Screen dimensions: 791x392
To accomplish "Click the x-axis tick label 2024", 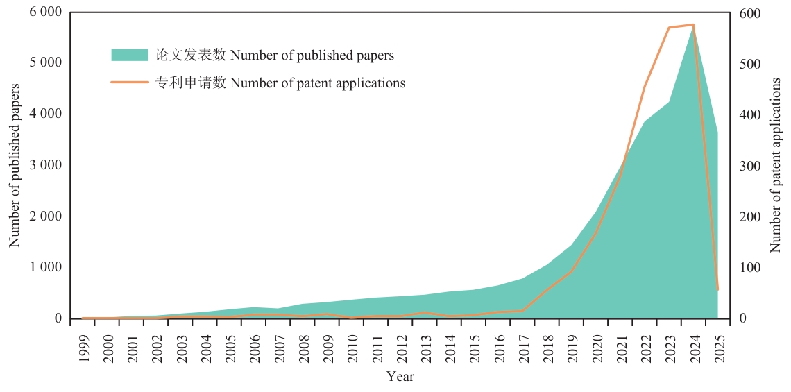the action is [x=694, y=346].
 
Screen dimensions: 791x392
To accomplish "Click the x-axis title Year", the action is [x=400, y=376].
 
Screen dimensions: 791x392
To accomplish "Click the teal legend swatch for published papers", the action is [x=130, y=55].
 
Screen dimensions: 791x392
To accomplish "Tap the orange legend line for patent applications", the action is [x=130, y=83].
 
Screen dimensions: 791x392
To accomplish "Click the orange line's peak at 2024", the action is [x=694, y=24].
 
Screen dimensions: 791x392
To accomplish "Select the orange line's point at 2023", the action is [x=669, y=27].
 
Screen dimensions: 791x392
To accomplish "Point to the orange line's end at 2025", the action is [x=717, y=289].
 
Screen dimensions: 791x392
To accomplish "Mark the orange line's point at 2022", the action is [x=645, y=87].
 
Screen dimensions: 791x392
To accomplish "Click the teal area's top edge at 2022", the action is [x=645, y=121].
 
